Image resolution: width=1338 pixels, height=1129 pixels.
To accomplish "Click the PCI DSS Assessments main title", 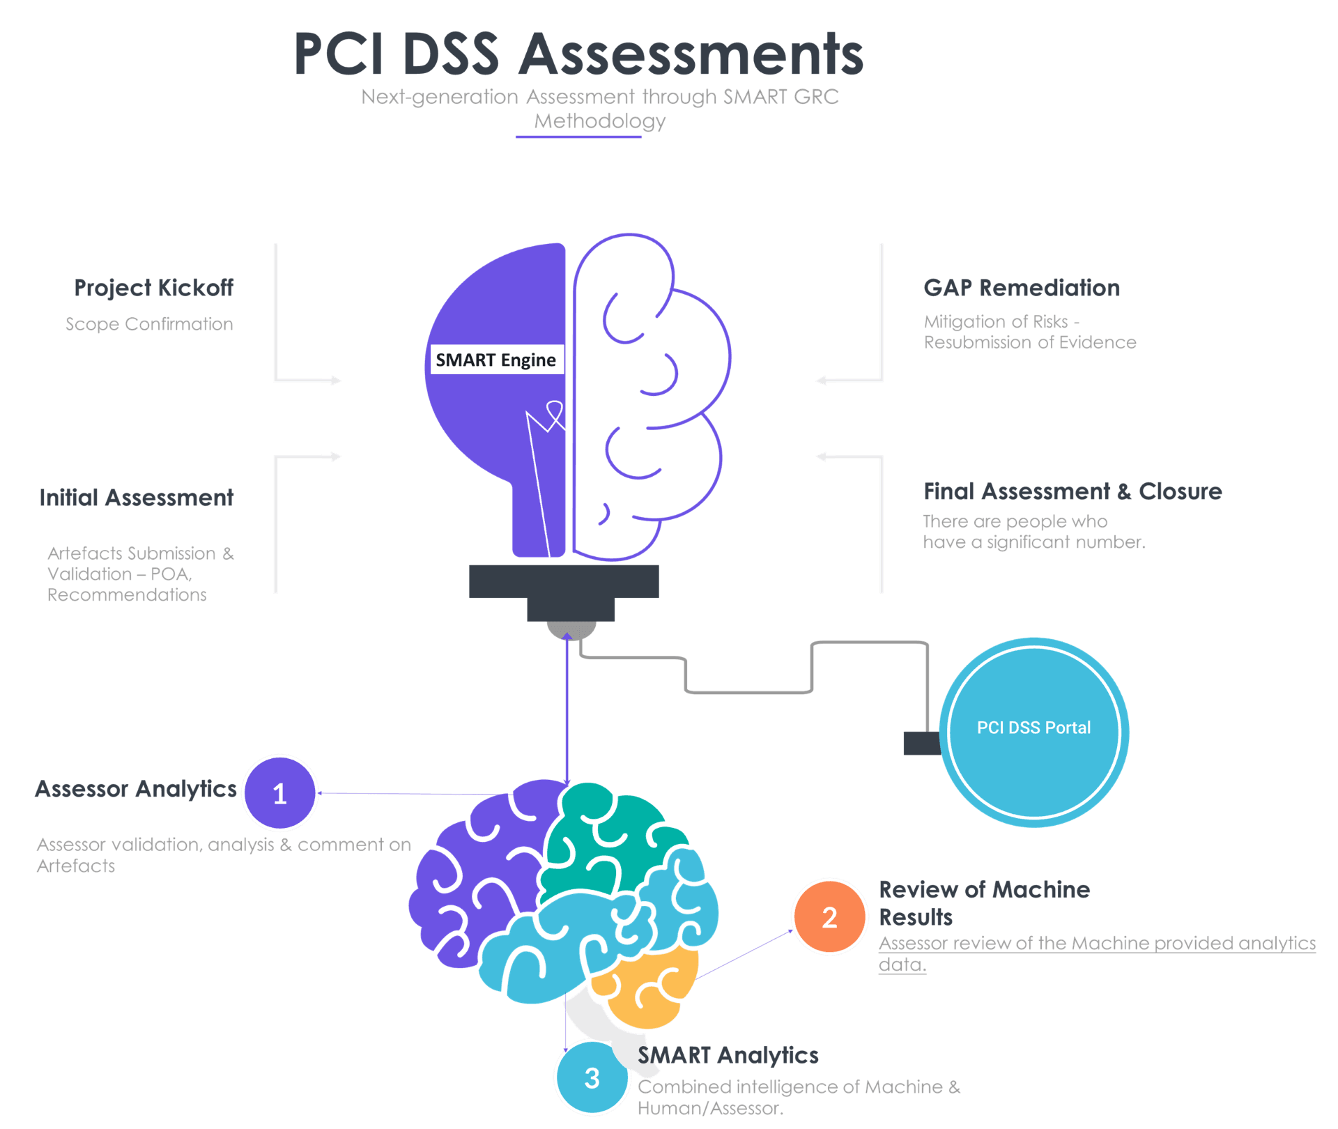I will click(x=578, y=54).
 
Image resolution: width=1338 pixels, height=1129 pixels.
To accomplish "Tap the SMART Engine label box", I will click(x=496, y=360).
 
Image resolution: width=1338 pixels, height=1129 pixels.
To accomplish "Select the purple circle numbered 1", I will click(x=280, y=793).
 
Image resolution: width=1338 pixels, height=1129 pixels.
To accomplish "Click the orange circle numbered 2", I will click(x=829, y=917).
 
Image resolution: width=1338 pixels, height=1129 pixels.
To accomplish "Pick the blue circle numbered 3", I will click(x=592, y=1078).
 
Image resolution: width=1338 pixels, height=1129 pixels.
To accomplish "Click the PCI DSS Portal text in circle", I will click(x=1033, y=728).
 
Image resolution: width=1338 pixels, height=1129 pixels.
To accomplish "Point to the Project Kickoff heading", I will click(x=154, y=288).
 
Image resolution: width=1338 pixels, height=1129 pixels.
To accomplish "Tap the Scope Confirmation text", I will click(x=149, y=324).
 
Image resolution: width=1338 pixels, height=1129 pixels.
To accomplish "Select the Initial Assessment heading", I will click(x=137, y=498).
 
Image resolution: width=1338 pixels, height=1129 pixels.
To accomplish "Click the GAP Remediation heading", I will click(x=1022, y=288).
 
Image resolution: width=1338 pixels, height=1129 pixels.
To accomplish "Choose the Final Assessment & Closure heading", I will click(x=1072, y=491).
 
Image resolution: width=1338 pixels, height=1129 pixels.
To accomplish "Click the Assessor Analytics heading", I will click(x=136, y=789).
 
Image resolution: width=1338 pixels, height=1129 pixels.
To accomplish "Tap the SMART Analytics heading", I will click(x=728, y=1055).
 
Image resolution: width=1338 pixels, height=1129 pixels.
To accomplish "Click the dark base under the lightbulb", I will click(x=564, y=583).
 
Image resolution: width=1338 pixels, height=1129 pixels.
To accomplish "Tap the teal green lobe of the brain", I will click(x=606, y=836).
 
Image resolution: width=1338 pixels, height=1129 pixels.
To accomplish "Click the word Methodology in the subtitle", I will click(x=600, y=121).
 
